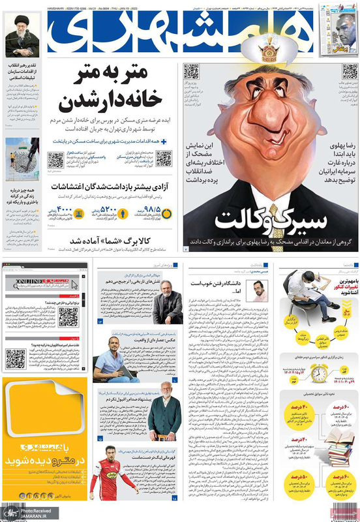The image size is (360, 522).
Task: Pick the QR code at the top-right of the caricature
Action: (x=345, y=71)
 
